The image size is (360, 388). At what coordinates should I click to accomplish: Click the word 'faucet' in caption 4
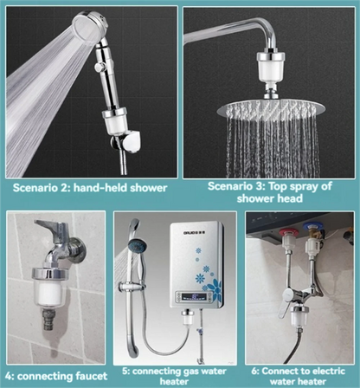(88, 376)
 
